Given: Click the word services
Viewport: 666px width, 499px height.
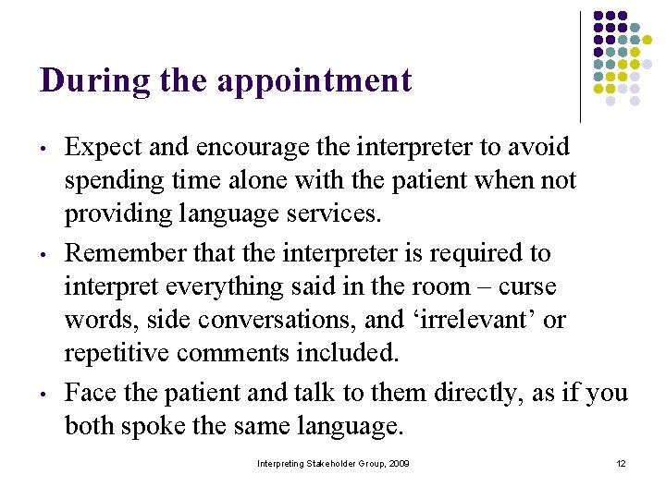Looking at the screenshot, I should [333, 214].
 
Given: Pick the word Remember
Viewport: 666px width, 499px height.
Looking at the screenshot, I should [126, 252].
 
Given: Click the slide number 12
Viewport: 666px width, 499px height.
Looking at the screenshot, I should [622, 463].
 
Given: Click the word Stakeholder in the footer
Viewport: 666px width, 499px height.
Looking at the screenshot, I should [329, 463].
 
